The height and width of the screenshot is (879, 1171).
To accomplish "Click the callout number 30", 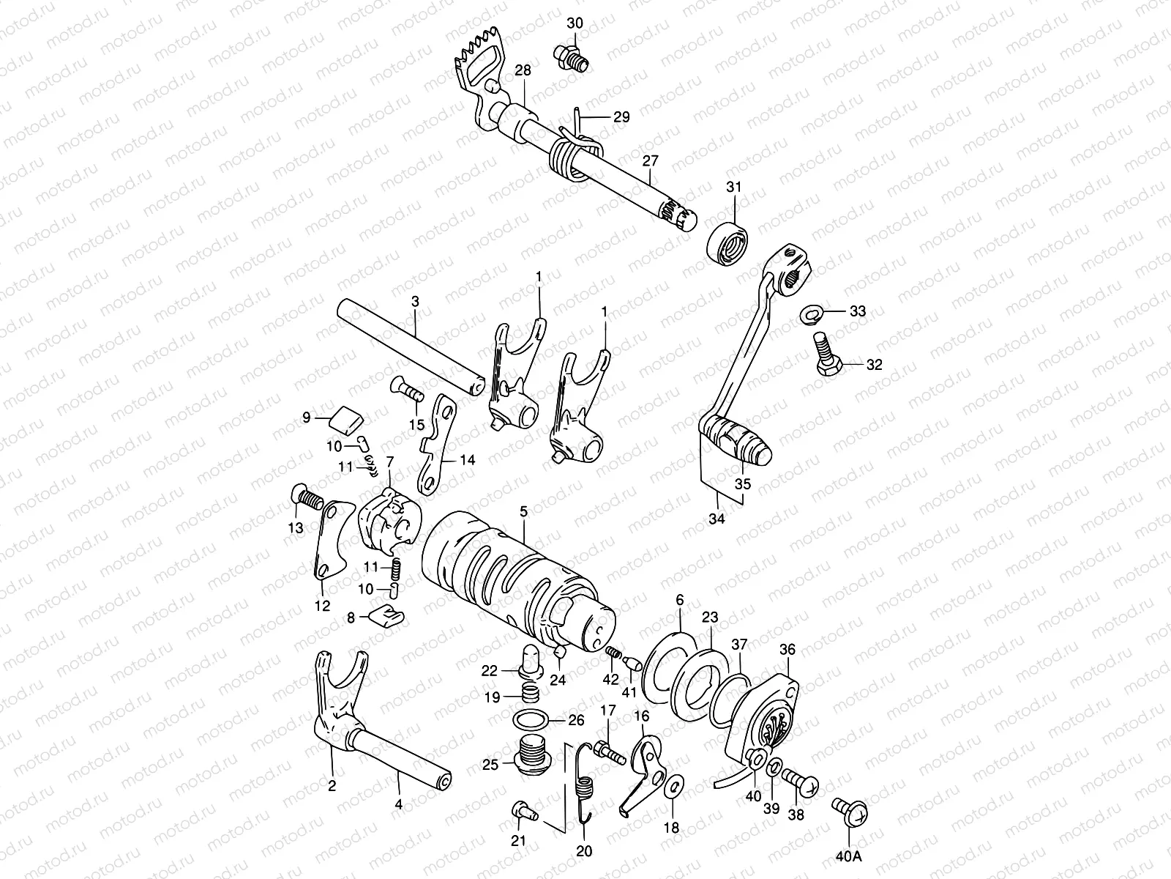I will coord(575,23).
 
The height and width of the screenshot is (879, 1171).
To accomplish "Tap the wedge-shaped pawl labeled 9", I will coord(348,419).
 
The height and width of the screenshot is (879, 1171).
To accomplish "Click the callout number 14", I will coord(467,460).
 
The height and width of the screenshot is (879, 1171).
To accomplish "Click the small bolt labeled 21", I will coord(524,810).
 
